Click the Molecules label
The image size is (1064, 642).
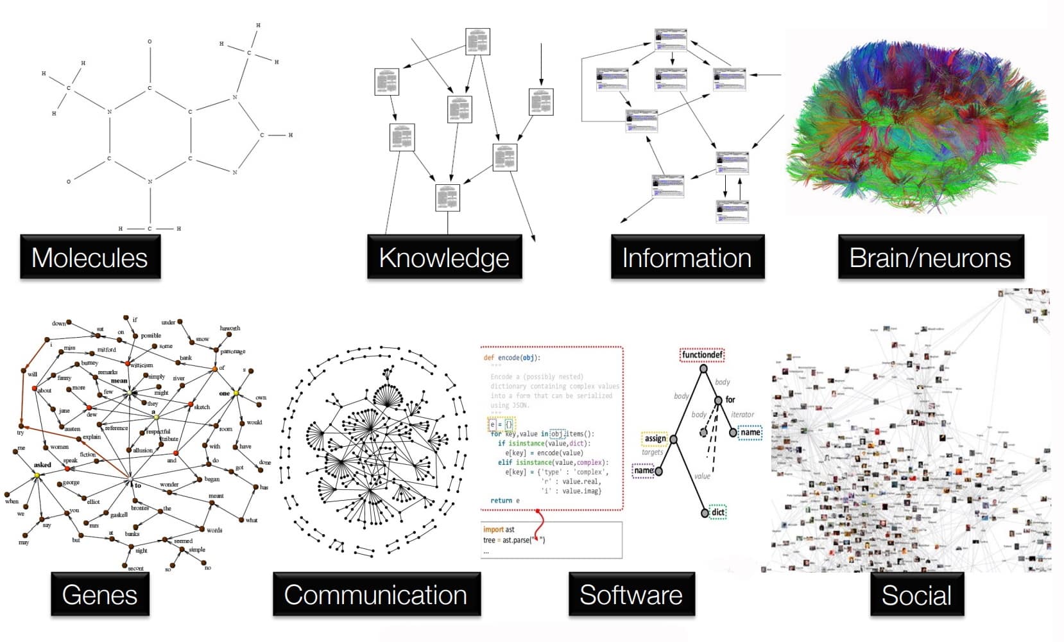point(90,257)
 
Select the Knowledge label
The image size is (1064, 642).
point(444,257)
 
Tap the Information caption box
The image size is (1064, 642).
point(687,257)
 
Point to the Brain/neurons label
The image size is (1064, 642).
point(931,257)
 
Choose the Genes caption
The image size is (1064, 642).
point(100,594)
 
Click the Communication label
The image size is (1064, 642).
point(376,594)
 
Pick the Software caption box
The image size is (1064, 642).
point(631,594)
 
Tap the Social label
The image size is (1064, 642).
point(917,594)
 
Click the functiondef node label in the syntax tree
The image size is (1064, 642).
point(702,354)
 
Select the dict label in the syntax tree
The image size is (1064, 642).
point(718,512)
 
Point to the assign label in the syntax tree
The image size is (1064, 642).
point(655,438)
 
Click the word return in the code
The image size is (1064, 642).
point(501,500)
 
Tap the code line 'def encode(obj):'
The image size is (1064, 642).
point(512,358)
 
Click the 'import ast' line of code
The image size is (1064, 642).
point(499,530)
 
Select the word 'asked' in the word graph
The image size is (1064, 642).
point(42,465)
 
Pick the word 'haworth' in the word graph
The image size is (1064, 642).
point(230,328)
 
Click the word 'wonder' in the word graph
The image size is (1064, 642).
point(169,485)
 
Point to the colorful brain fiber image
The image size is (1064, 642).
point(918,122)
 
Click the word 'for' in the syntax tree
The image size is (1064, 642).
point(730,399)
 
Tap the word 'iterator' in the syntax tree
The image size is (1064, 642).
point(742,415)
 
